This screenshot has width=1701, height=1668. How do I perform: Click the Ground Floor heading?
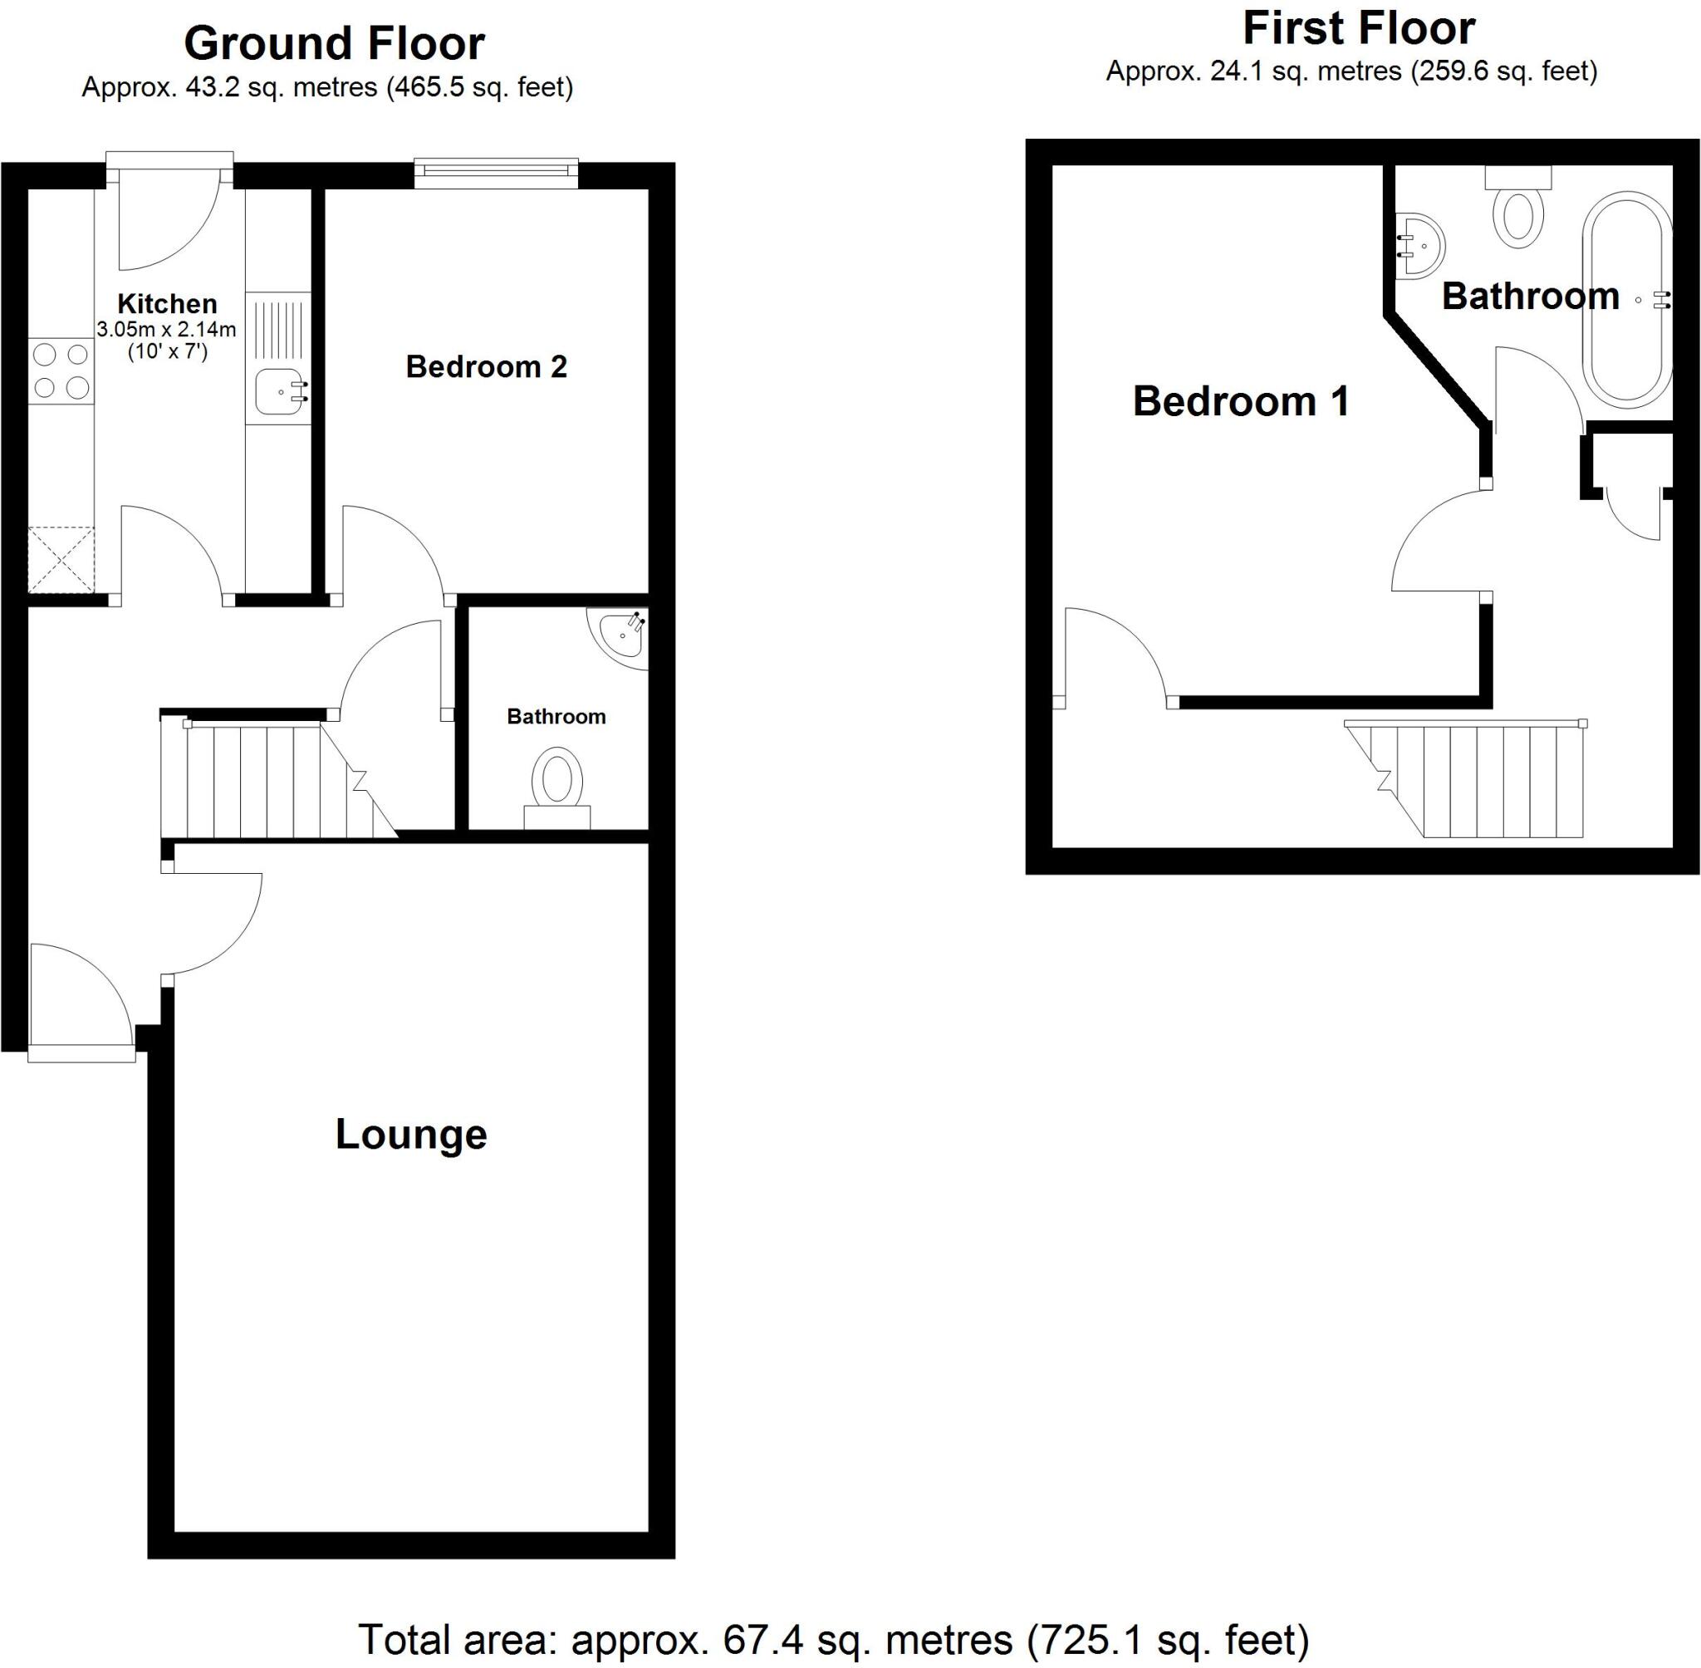[334, 44]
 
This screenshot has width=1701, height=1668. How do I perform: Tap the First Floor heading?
[1359, 29]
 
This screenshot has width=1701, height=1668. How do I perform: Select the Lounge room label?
[411, 1135]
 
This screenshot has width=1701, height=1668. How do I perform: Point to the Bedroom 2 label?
[486, 366]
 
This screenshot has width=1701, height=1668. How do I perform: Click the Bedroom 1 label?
[1240, 401]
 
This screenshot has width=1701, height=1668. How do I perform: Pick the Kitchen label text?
[167, 304]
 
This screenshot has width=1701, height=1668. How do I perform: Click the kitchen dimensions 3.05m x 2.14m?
[166, 331]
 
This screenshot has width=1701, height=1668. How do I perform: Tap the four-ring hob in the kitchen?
[61, 370]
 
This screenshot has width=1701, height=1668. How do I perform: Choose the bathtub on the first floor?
[1626, 300]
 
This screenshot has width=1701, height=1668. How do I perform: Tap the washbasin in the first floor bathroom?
[1419, 245]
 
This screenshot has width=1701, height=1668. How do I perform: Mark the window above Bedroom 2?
[496, 173]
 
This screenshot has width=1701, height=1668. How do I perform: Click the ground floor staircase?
[272, 778]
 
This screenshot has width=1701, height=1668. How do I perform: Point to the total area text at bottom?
[833, 1639]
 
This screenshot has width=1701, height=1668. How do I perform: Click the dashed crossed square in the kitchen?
[61, 559]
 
